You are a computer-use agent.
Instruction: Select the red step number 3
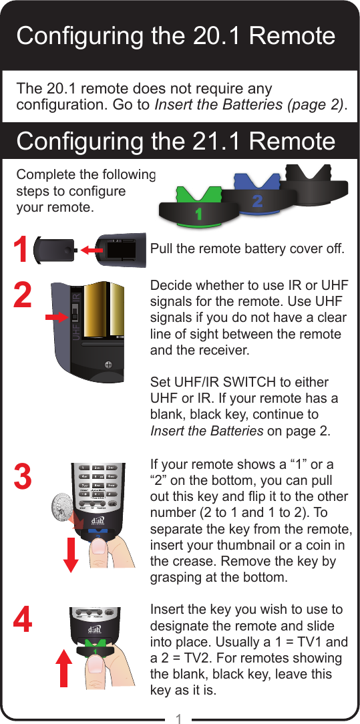click(22, 477)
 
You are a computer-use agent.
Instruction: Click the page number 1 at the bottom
click(179, 719)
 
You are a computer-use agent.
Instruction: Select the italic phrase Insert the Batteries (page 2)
click(250, 106)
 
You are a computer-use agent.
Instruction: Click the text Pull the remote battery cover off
click(247, 250)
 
